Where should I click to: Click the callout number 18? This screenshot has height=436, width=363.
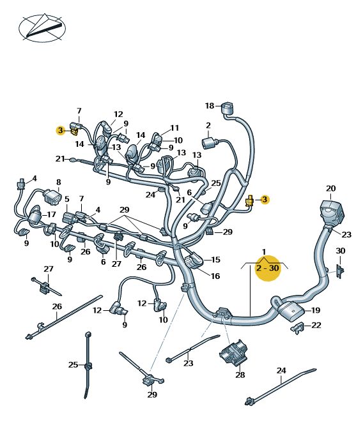(x=210, y=106)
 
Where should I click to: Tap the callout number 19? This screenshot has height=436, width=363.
(x=316, y=310)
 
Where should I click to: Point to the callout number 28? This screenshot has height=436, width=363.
(x=240, y=375)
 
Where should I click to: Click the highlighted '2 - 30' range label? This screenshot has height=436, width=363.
(x=268, y=268)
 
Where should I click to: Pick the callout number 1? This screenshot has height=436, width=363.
(x=264, y=252)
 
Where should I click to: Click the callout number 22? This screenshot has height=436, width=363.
(x=316, y=325)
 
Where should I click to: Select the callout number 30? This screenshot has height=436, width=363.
(x=341, y=251)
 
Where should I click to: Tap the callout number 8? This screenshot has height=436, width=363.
(x=58, y=183)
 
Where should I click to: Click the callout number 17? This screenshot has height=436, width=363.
(x=52, y=214)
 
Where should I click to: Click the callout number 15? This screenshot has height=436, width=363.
(x=215, y=260)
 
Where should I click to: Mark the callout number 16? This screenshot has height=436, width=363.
(x=215, y=276)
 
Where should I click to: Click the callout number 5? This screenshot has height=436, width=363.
(x=67, y=199)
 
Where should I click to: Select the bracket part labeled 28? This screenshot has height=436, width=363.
(x=233, y=355)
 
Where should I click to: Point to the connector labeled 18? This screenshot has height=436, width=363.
(x=228, y=109)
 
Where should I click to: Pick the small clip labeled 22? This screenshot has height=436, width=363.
(x=298, y=328)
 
